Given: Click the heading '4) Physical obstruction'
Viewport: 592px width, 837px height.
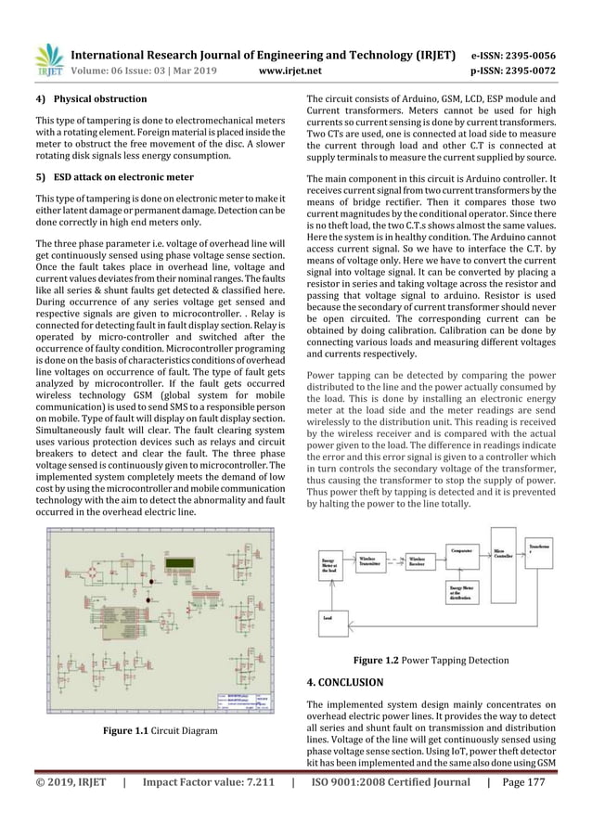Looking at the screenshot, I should click(90, 98).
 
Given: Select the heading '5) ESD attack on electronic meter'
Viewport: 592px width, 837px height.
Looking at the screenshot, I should click(114, 176).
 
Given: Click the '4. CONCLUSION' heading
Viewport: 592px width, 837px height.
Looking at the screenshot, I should click(344, 682).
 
